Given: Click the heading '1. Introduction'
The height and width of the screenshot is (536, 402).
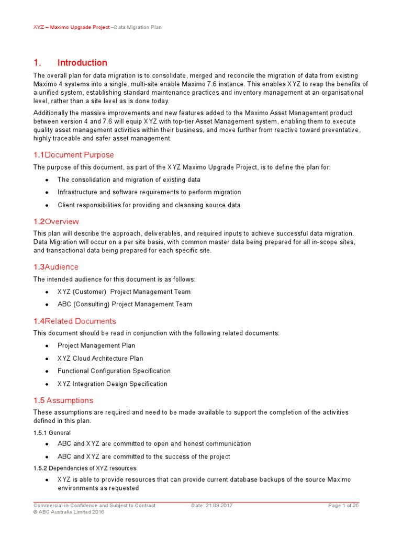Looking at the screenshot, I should point(70,63).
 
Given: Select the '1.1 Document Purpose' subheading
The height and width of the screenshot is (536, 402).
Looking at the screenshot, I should point(74,155).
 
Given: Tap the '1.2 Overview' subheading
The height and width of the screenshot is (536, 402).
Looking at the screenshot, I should point(56,221).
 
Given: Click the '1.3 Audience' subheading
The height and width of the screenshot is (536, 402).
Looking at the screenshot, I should point(56,267).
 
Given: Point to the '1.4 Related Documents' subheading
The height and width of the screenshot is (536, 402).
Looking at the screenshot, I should point(75,321).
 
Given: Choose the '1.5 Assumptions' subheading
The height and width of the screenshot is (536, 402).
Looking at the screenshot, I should point(63,400).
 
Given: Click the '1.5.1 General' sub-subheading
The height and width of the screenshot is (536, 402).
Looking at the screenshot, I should point(52,433).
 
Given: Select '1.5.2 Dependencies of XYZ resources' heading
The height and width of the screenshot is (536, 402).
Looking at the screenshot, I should point(85,468).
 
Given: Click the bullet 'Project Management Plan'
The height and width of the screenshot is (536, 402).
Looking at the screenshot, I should point(96,345).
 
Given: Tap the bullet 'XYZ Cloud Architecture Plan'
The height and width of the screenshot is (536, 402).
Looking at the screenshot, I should point(100,359).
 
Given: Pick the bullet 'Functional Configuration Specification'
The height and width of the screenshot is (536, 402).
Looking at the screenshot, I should point(114,371).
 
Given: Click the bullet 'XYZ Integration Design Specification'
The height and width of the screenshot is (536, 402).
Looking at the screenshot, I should point(113,384).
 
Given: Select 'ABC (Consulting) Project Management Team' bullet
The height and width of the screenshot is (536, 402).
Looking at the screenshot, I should point(125,304).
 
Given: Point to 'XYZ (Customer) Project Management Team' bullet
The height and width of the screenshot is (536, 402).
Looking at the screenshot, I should point(124,292).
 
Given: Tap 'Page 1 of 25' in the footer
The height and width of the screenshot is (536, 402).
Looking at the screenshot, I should point(343,506).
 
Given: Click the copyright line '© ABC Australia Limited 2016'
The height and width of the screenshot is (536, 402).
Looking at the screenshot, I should point(69,512).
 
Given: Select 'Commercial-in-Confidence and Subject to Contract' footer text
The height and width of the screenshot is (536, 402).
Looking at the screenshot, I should point(94,506).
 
